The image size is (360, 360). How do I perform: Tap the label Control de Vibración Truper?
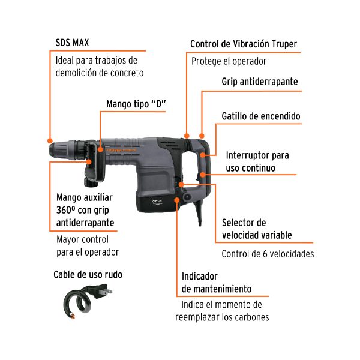[x=243, y=44]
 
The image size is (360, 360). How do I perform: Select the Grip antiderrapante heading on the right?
[x=259, y=81]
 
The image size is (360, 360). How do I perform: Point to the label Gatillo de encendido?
[x=261, y=116]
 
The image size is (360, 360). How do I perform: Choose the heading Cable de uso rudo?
[x=88, y=275]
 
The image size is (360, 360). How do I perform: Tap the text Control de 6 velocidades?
[x=268, y=254]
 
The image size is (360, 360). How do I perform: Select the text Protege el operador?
[x=229, y=61]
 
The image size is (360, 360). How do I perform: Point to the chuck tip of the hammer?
[x=50, y=148]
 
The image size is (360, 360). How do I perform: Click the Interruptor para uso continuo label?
[x=256, y=161]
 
